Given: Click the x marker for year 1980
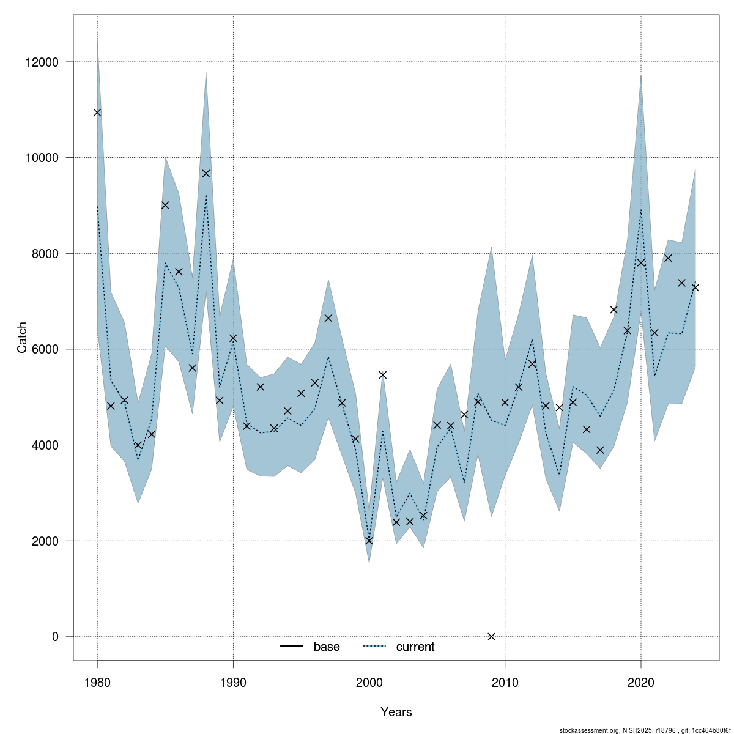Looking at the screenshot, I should point(97,113).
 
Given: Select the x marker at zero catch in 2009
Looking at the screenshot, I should point(491,636).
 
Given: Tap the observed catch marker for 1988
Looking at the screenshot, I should point(206,174).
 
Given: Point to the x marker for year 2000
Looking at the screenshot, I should point(369,541).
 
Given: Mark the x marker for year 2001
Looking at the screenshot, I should point(383,375).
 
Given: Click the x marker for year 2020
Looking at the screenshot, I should point(641,262).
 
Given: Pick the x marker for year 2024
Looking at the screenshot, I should point(695,287).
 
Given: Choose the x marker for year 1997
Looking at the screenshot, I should point(328,318).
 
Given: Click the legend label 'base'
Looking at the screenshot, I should point(327,647).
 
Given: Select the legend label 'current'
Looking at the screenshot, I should point(415,647).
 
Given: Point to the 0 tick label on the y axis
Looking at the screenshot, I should point(55,637).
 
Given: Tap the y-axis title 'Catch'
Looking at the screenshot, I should point(23,337).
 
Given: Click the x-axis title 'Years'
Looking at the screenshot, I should point(396,712).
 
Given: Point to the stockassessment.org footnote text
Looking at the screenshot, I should point(645,730).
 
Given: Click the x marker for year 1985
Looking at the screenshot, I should point(165,205).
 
